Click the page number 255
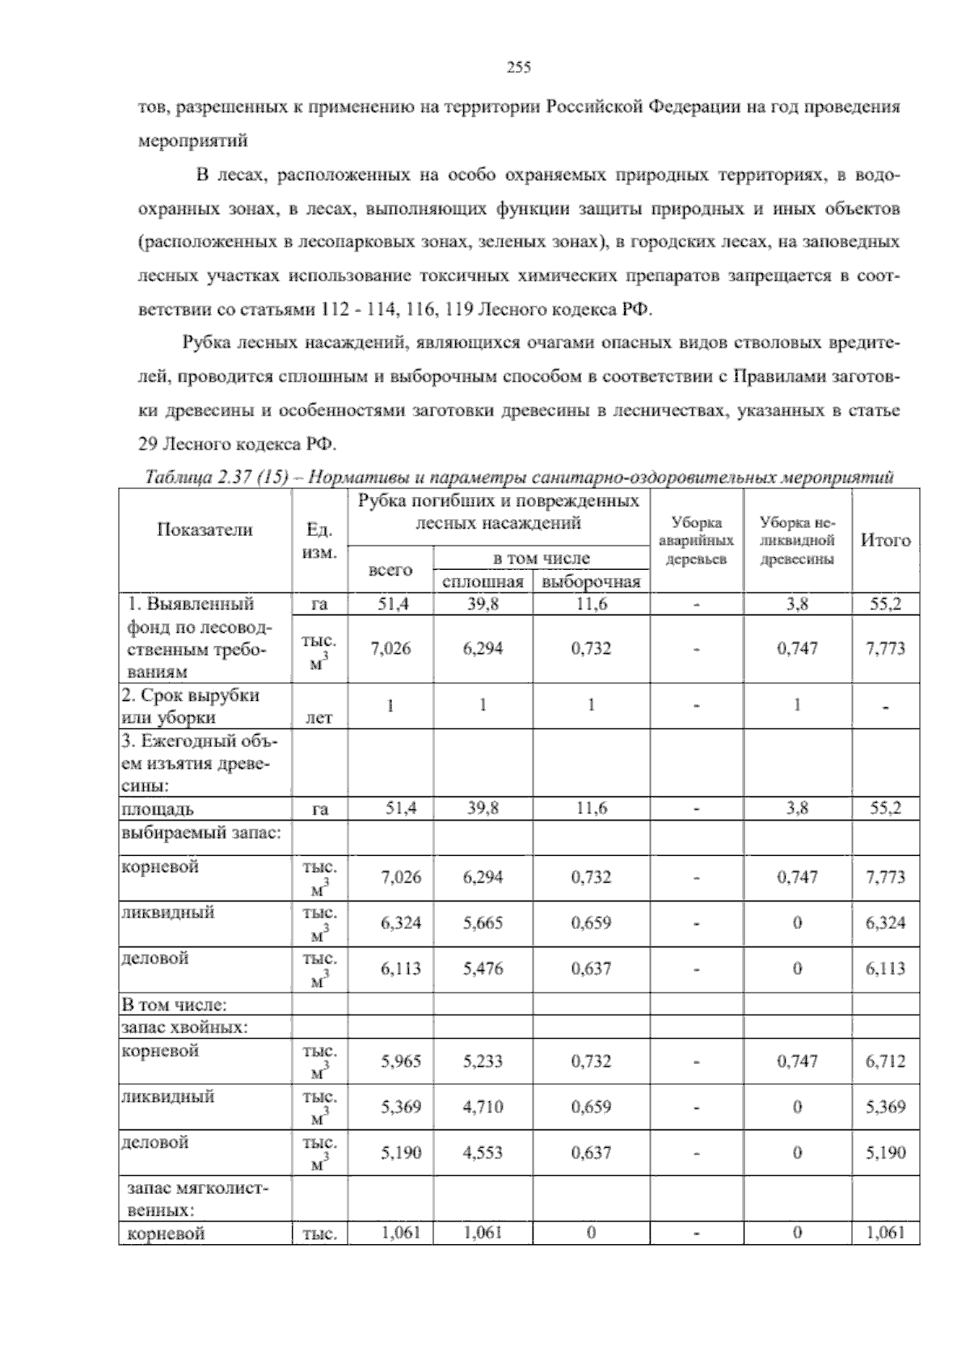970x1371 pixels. (x=518, y=68)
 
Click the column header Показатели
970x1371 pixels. (x=205, y=529)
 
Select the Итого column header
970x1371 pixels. (x=885, y=540)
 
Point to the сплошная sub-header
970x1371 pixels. (x=483, y=582)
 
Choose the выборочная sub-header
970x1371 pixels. (x=591, y=582)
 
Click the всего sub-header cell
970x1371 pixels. (x=390, y=570)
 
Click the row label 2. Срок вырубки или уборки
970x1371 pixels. (x=190, y=706)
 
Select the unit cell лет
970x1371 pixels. (x=319, y=717)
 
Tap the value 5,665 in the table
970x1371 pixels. (x=483, y=922)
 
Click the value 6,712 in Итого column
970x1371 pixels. (x=885, y=1061)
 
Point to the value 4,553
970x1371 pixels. (x=483, y=1153)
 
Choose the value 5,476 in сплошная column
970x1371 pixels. (x=483, y=968)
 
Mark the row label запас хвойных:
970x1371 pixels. (x=183, y=1027)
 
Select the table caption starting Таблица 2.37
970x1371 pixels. (x=518, y=478)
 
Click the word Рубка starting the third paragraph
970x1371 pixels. (x=207, y=343)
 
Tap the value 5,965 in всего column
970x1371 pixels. (x=401, y=1061)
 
